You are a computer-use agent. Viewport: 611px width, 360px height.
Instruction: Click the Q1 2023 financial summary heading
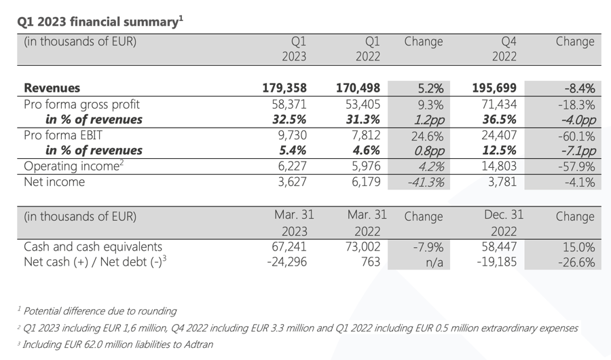point(100,21)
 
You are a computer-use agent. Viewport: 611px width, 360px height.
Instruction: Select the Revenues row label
point(52,88)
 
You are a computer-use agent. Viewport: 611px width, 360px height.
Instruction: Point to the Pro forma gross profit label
point(81,104)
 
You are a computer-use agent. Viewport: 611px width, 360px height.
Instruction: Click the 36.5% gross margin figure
point(499,120)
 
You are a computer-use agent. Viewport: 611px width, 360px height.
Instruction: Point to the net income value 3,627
point(291,182)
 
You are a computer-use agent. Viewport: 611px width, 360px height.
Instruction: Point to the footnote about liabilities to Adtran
point(117,344)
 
